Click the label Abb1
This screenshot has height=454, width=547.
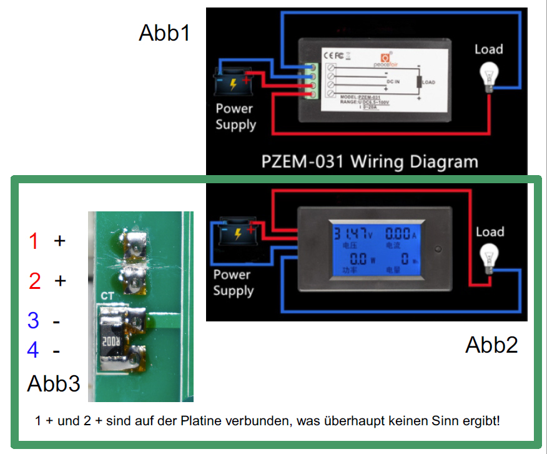click(x=164, y=33)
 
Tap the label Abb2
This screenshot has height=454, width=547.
click(x=491, y=345)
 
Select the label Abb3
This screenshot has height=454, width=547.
click(x=54, y=383)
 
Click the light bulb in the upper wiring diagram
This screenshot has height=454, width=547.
click(x=488, y=76)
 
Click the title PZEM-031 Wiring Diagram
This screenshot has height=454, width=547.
click(x=368, y=161)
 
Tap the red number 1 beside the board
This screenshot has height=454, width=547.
click(x=34, y=241)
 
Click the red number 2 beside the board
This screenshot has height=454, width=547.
click(x=34, y=281)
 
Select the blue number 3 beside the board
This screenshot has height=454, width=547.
click(x=33, y=321)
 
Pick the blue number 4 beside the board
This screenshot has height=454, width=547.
click(x=33, y=350)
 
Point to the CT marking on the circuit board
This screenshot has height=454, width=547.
click(x=107, y=295)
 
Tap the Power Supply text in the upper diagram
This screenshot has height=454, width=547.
click(x=235, y=116)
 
